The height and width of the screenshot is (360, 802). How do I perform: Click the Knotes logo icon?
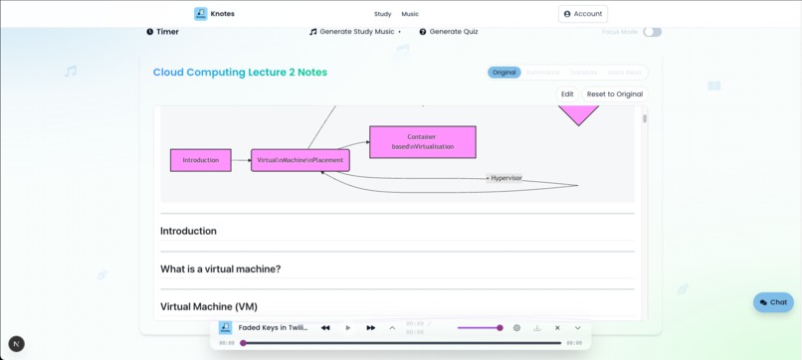(200, 14)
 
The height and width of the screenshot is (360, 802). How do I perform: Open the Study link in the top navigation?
(382, 14)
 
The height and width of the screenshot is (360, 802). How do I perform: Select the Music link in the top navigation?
(410, 14)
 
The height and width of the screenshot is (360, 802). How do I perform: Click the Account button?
(582, 14)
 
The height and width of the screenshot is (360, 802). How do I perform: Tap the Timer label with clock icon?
(163, 32)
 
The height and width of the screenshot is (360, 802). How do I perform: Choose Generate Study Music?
(355, 32)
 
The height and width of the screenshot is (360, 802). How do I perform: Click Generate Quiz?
(448, 32)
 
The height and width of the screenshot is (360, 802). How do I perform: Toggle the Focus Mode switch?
(652, 32)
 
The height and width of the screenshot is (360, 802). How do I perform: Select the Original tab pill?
(503, 73)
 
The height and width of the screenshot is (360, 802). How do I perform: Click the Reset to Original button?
(614, 94)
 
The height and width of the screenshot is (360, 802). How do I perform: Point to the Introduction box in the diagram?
(200, 160)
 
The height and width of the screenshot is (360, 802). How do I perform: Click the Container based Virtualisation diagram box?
(422, 141)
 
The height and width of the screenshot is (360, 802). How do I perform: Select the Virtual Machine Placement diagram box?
(300, 160)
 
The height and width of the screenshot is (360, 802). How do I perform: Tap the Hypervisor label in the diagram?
(505, 178)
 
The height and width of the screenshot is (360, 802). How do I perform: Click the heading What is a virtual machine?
(220, 270)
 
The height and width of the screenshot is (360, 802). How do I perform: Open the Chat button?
(772, 302)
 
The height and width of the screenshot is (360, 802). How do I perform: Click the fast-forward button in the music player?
(370, 328)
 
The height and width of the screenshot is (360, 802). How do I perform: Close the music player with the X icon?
(557, 328)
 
